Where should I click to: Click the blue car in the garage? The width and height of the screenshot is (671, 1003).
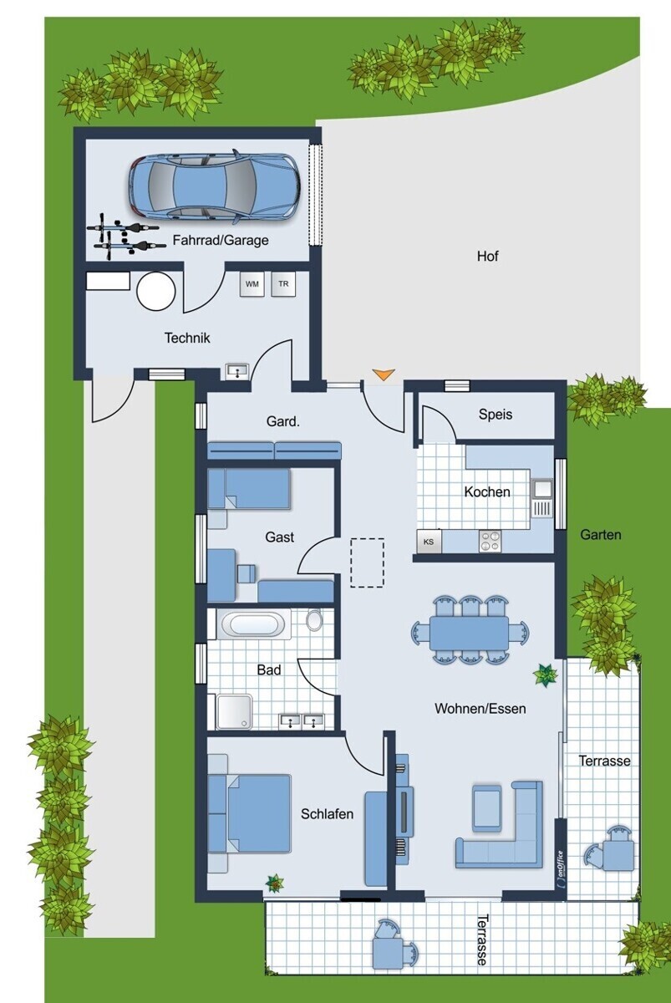(214, 189)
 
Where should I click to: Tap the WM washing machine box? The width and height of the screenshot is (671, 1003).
(252, 284)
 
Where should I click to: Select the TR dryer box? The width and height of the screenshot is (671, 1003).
(283, 284)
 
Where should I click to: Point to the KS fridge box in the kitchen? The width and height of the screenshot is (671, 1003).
(429, 542)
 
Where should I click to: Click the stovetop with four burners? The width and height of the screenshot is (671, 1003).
(491, 541)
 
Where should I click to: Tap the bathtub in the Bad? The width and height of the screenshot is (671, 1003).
(253, 624)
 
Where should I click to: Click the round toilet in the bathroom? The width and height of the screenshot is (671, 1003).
(315, 619)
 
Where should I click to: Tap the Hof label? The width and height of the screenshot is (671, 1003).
(487, 257)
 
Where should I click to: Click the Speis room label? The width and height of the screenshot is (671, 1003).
(495, 415)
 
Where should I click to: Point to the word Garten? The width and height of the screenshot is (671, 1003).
(600, 535)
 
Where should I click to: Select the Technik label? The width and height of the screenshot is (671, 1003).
(187, 338)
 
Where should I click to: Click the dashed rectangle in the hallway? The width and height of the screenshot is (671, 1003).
(367, 563)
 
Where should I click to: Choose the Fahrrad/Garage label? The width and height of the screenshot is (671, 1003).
(221, 241)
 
